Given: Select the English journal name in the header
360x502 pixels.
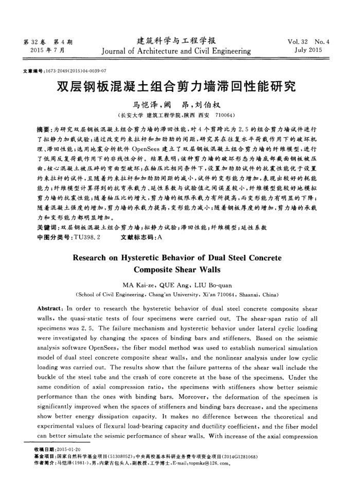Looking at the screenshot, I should pyautogui.click(x=176, y=51).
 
